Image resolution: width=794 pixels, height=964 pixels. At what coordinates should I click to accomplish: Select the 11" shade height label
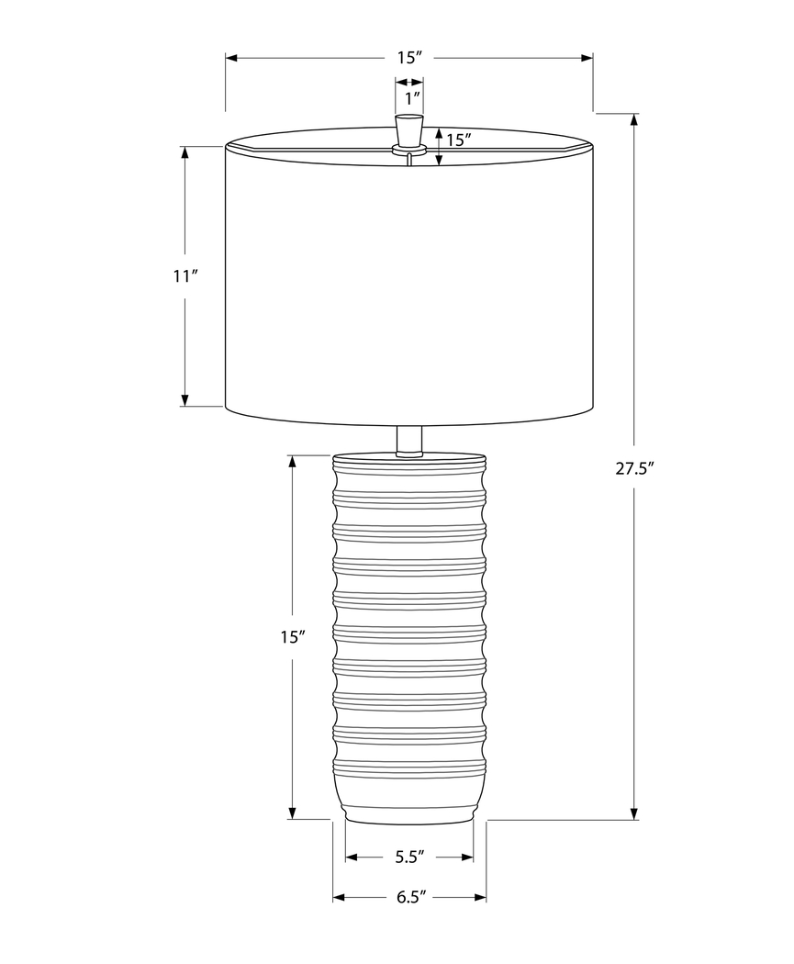185,275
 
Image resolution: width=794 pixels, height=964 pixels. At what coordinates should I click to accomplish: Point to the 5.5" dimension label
409,858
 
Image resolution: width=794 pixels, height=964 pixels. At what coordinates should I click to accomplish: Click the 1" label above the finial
409,95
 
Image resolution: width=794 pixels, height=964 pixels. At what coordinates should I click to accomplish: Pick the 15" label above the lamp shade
409,58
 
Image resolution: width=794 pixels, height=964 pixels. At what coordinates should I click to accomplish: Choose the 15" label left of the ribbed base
292,636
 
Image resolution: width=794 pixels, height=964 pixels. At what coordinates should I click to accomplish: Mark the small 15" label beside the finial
458,140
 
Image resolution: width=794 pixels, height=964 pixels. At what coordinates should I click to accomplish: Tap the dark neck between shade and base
408,440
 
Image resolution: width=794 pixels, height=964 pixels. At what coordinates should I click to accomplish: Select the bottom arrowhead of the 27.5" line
634,813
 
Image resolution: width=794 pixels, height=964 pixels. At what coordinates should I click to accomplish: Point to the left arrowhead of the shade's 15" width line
232,58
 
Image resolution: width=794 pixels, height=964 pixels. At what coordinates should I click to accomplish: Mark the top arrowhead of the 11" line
185,152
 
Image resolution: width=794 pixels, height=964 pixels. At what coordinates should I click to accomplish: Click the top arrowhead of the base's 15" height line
292,461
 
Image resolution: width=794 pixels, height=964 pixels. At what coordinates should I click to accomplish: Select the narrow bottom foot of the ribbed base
408,813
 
